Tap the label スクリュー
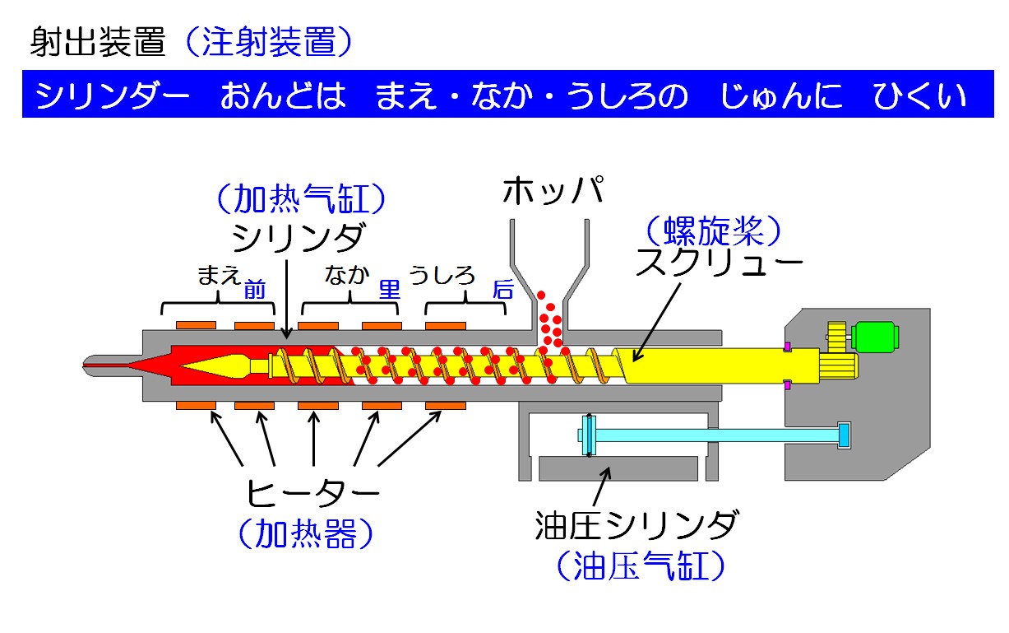pos(719,264)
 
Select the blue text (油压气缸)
pos(639,566)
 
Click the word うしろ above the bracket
pos(442,275)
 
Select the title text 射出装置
pos(98,42)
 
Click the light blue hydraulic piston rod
pos(715,433)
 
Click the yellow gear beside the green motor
pos(836,337)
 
